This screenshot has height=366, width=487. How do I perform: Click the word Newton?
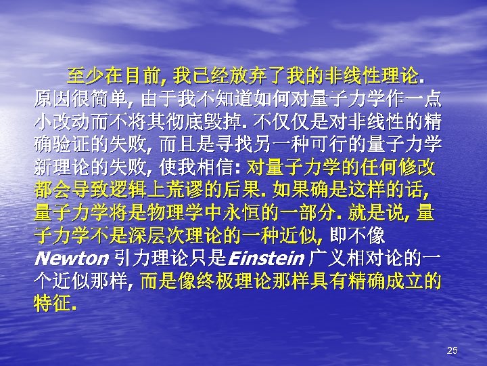tap(71, 258)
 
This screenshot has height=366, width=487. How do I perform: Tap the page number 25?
tap(453, 350)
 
